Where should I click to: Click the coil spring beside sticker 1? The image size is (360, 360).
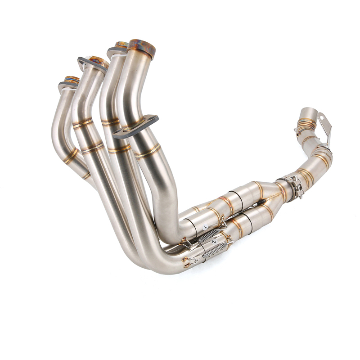[x=209, y=235]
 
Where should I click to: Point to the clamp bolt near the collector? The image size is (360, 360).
[x=298, y=188]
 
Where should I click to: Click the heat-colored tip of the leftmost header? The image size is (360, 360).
[x=72, y=79]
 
